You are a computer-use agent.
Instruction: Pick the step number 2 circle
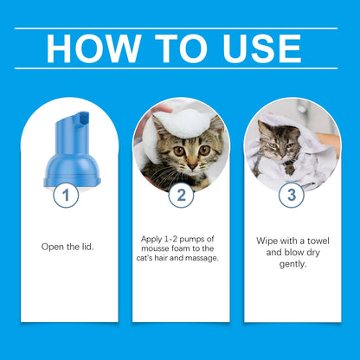click(x=180, y=195)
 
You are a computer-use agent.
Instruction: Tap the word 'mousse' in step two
click(x=158, y=247)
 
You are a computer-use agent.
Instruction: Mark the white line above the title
click(x=180, y=28)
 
